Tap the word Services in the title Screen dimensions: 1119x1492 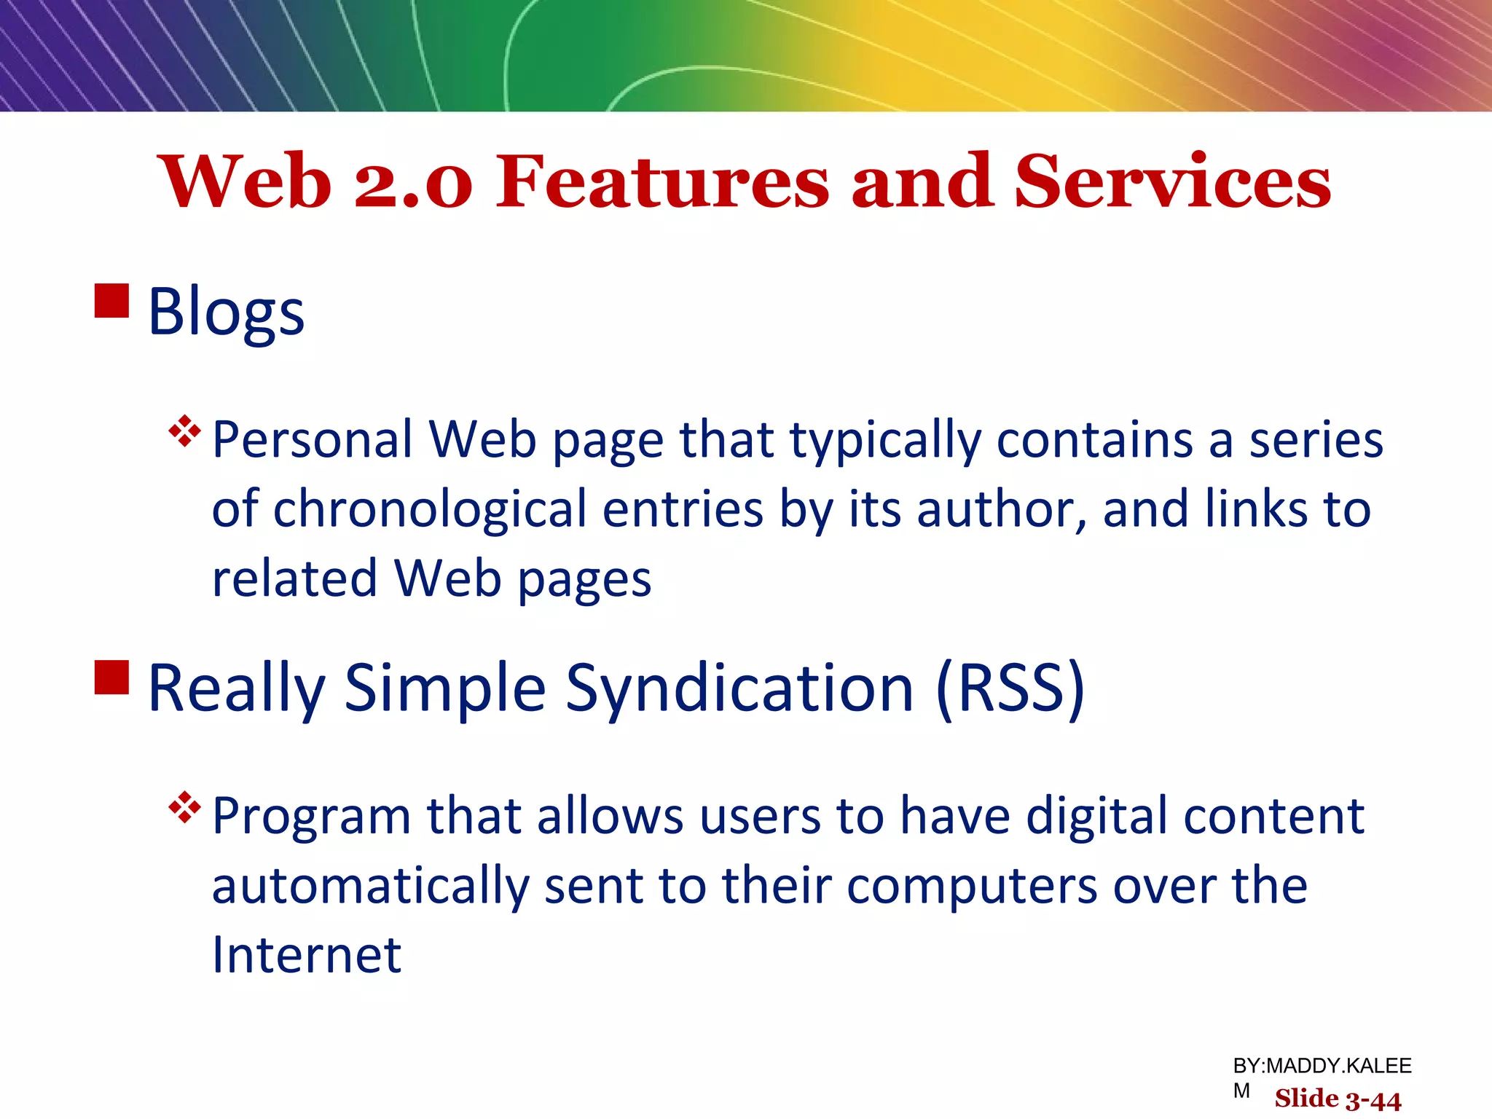pos(1172,181)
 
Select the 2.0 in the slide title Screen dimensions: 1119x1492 pos(413,183)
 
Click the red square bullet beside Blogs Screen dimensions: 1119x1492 pos(112,301)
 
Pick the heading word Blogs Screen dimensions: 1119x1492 pos(226,312)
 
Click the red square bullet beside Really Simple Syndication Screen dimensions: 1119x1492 pos(112,678)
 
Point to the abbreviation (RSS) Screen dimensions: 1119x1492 pos(1010,688)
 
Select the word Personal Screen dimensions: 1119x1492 pos(313,440)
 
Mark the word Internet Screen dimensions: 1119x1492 pos(307,955)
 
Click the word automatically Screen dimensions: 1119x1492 pos(370,887)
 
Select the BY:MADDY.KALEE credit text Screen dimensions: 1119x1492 pos(1322,1066)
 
